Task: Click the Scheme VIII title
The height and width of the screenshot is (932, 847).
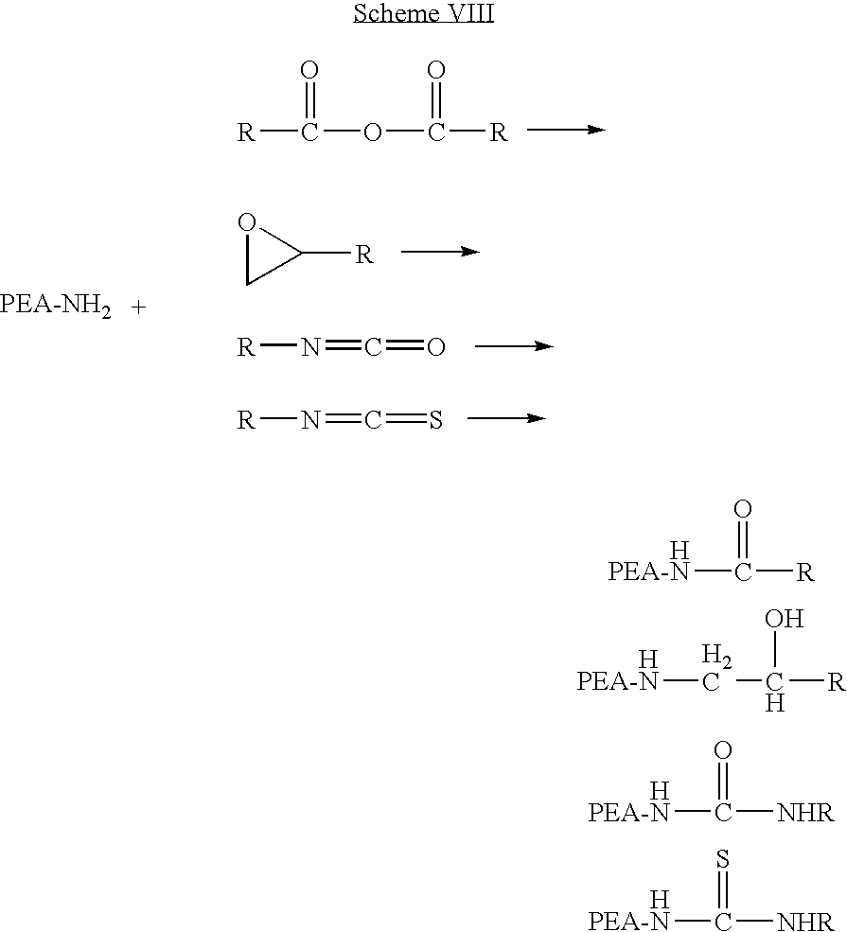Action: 423,12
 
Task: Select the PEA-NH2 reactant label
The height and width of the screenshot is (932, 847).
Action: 55,307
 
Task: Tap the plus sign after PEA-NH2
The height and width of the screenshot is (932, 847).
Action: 138,308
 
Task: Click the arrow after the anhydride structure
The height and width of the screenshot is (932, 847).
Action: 566,129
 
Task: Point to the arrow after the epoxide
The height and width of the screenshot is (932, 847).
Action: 440,252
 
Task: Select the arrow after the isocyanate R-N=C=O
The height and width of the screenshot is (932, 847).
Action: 514,346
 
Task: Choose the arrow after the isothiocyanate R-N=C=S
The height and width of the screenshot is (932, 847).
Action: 506,418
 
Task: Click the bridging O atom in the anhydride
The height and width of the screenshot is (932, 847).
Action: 372,132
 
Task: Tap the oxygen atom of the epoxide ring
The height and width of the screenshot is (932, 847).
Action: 247,223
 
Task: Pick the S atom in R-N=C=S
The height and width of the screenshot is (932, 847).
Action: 435,420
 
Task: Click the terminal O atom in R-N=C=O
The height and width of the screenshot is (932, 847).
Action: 435,346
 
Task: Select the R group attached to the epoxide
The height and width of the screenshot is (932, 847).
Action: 363,255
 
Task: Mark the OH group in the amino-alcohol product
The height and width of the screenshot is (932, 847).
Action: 784,619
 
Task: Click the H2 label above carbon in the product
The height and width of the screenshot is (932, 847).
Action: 716,656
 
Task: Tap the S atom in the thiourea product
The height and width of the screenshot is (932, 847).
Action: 722,858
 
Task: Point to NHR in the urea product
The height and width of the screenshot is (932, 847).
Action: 805,813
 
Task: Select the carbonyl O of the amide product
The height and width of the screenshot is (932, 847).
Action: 742,509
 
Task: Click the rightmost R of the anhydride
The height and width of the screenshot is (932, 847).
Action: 499,132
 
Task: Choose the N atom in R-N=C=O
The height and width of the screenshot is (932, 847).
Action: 310,346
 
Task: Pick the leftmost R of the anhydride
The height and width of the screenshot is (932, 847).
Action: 246,132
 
